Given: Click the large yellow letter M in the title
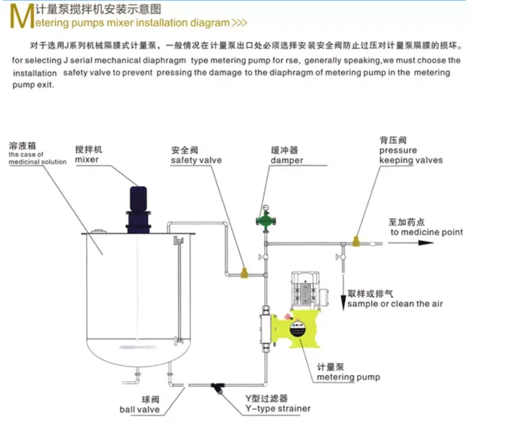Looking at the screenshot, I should click(x=20, y=17).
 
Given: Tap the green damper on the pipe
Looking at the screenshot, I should click(x=266, y=219).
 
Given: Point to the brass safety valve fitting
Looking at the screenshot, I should click(x=244, y=271).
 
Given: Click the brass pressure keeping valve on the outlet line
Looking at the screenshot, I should click(x=356, y=242).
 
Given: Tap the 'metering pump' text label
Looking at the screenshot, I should click(x=349, y=377).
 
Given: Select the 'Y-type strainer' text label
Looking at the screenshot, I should click(x=278, y=409).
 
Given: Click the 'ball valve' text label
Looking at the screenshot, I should click(x=140, y=410).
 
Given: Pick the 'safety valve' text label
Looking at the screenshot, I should click(x=196, y=160).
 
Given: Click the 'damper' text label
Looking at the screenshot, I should click(x=286, y=160).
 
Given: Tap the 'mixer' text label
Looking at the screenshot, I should click(x=87, y=160).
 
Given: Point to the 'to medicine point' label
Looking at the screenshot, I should click(x=427, y=232).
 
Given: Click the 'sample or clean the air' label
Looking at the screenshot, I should click(x=395, y=304).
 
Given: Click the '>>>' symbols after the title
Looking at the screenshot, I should click(x=240, y=23).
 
